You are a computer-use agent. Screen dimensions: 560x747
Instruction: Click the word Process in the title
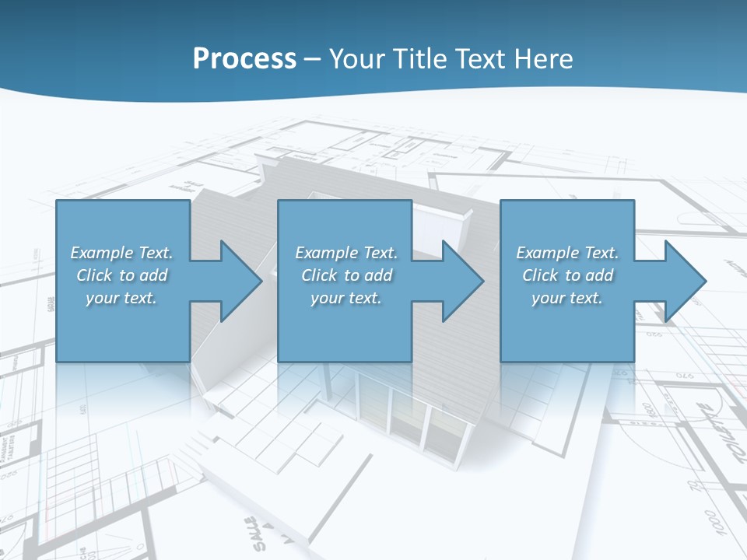tap(244, 58)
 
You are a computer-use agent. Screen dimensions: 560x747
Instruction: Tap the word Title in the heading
tap(423, 58)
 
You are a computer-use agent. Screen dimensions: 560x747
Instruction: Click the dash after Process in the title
tap(313, 59)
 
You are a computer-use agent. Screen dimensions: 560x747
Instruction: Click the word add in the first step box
tap(153, 275)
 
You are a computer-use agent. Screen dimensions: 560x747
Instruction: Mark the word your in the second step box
tap(327, 298)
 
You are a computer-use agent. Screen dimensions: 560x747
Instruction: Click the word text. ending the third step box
tap(587, 298)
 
